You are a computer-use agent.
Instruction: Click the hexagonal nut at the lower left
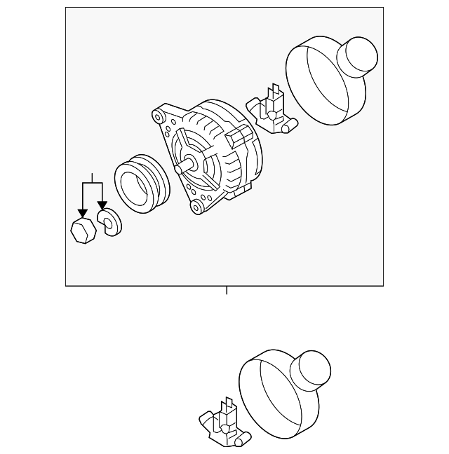tap(83, 230)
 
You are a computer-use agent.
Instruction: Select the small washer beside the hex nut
tap(109, 222)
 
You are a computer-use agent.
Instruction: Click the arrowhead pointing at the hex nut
tap(83, 212)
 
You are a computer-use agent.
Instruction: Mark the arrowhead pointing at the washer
tap(103, 204)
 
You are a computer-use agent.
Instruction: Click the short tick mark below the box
tap(227, 290)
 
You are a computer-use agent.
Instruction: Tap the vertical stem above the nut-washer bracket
tap(92, 177)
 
